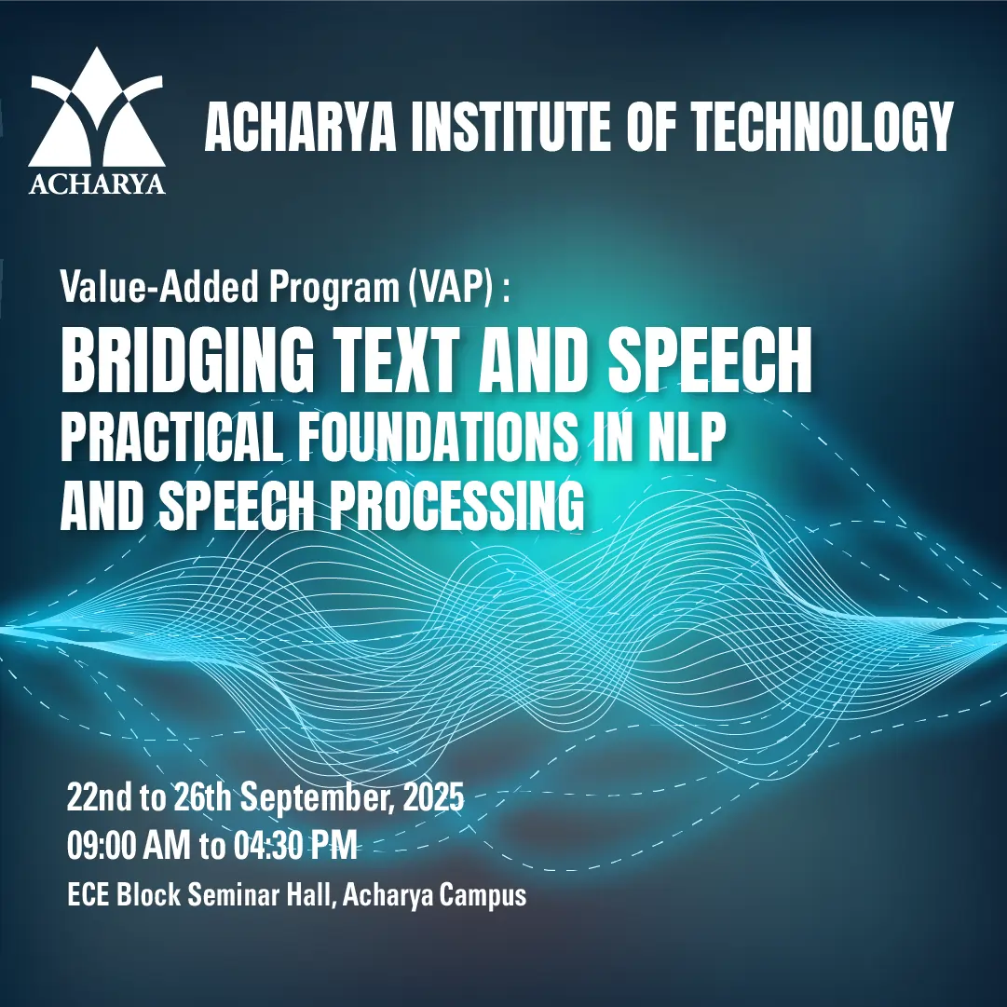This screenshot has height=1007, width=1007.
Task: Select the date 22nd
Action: (x=99, y=797)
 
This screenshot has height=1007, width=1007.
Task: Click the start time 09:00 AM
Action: (x=129, y=846)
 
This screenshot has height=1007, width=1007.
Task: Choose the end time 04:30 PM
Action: (x=294, y=846)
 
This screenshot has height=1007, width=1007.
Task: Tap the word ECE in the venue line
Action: (x=88, y=894)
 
